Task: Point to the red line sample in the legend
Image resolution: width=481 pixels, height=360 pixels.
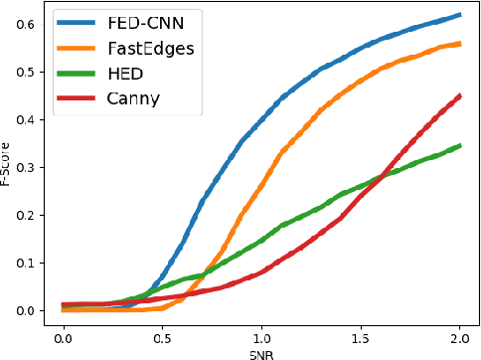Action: tap(79, 97)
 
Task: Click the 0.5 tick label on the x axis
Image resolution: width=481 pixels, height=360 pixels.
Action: tap(162, 338)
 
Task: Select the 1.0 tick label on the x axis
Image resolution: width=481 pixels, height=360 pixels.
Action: tap(261, 338)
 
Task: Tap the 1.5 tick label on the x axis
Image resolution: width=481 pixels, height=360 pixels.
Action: tap(361, 338)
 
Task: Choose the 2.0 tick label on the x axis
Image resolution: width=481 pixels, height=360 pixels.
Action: tap(459, 338)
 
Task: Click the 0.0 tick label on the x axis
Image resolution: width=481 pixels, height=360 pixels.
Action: tap(63, 338)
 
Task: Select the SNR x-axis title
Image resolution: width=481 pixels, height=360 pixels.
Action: tap(260, 353)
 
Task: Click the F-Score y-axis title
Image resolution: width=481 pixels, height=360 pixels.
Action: tap(9, 167)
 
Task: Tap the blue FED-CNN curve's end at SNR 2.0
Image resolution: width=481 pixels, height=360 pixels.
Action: tap(459, 15)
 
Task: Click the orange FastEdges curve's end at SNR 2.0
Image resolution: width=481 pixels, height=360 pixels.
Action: tap(459, 44)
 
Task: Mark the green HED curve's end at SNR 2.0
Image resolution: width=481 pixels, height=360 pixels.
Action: tap(459, 146)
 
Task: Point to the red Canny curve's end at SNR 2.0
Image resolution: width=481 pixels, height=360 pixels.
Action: tap(459, 96)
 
